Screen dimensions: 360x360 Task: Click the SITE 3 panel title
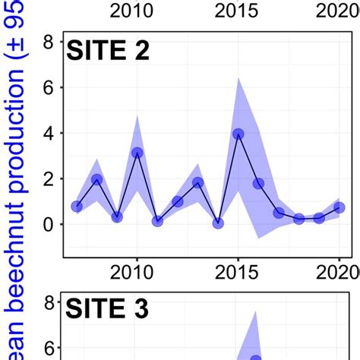coord(109,309)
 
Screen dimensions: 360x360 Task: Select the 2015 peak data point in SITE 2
coord(238,134)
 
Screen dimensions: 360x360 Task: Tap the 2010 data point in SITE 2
coord(137,153)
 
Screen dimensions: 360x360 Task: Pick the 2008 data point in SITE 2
coord(96,180)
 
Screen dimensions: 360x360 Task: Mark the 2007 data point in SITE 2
coord(77,206)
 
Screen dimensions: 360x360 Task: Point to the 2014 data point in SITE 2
coord(219,223)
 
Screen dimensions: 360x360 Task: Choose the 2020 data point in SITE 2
coord(339,207)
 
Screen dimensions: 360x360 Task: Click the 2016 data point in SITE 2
coord(258,183)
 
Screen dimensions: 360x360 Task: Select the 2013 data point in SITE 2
coord(198,182)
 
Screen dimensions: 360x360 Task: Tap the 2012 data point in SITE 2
coord(178,201)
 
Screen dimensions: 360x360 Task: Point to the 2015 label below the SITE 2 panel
coord(238,273)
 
